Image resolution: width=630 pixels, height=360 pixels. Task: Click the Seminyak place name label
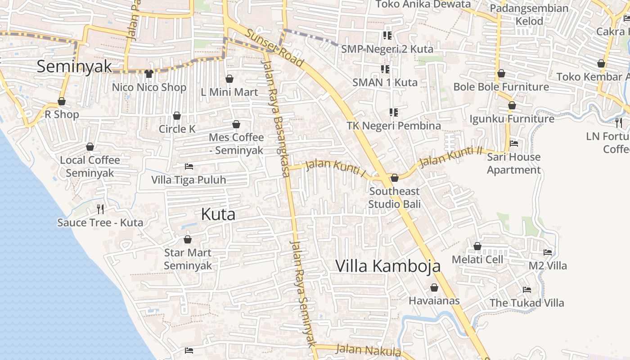pyautogui.click(x=74, y=66)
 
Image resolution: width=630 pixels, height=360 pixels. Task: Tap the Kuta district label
pyautogui.click(x=218, y=214)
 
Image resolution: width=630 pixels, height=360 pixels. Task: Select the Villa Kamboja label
pyautogui.click(x=388, y=266)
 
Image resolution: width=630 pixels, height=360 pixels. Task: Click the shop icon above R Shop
pyautogui.click(x=62, y=102)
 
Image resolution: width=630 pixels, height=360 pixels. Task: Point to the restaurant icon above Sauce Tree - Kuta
pyautogui.click(x=100, y=209)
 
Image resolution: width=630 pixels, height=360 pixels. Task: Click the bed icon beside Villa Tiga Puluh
pyautogui.click(x=189, y=167)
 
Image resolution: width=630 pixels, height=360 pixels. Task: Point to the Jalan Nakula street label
pyautogui.click(x=368, y=350)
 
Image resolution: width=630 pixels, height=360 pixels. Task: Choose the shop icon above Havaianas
pyautogui.click(x=434, y=288)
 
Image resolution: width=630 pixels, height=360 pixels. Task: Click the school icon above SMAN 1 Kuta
pyautogui.click(x=385, y=69)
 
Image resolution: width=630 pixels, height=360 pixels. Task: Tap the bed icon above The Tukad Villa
pyautogui.click(x=527, y=290)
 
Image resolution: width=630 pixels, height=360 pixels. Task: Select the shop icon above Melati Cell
pyautogui.click(x=477, y=247)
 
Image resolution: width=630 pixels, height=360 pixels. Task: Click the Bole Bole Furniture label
pyautogui.click(x=501, y=87)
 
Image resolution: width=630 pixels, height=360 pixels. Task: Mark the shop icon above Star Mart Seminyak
pyautogui.click(x=188, y=240)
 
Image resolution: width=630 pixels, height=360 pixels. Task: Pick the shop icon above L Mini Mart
pyautogui.click(x=229, y=79)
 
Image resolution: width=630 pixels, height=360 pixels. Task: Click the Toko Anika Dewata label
pyautogui.click(x=423, y=4)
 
